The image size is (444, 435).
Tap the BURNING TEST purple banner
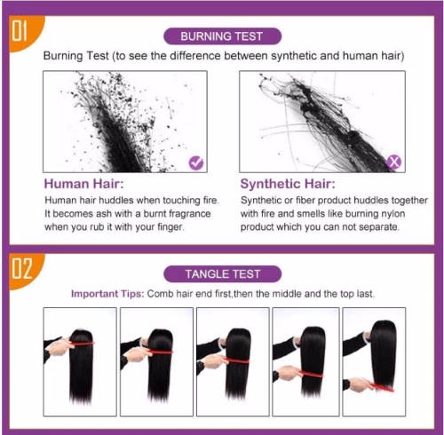(x=222, y=36)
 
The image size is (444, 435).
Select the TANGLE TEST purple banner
(x=222, y=273)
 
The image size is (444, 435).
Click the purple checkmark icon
(x=196, y=162)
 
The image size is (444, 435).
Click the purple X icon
(x=393, y=162)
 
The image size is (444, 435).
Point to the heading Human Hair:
(x=83, y=184)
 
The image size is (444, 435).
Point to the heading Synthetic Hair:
(x=288, y=184)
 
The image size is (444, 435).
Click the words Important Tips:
(x=107, y=294)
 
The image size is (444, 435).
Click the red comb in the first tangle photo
(x=83, y=344)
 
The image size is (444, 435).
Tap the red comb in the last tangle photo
(x=382, y=387)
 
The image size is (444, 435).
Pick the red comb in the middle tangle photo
(x=238, y=360)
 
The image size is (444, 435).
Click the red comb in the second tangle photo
(x=160, y=351)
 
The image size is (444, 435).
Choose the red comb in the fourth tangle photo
(x=311, y=374)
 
